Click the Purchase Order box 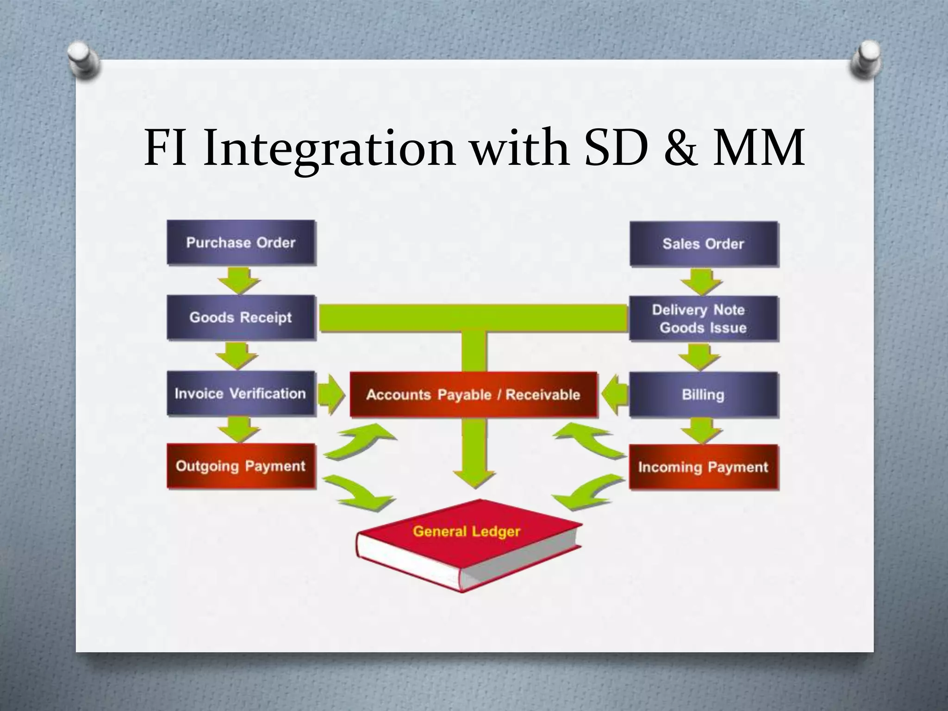(x=241, y=243)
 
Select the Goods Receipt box (x=241, y=318)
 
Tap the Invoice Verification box (x=241, y=393)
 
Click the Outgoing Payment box (x=241, y=466)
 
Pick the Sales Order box (x=704, y=244)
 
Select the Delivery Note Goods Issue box (x=704, y=319)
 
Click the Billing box (x=704, y=395)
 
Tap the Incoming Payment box (x=704, y=467)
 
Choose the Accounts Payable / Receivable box (x=473, y=395)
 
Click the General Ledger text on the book (x=467, y=531)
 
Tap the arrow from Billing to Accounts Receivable (x=615, y=395)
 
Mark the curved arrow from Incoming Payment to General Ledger (x=587, y=493)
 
